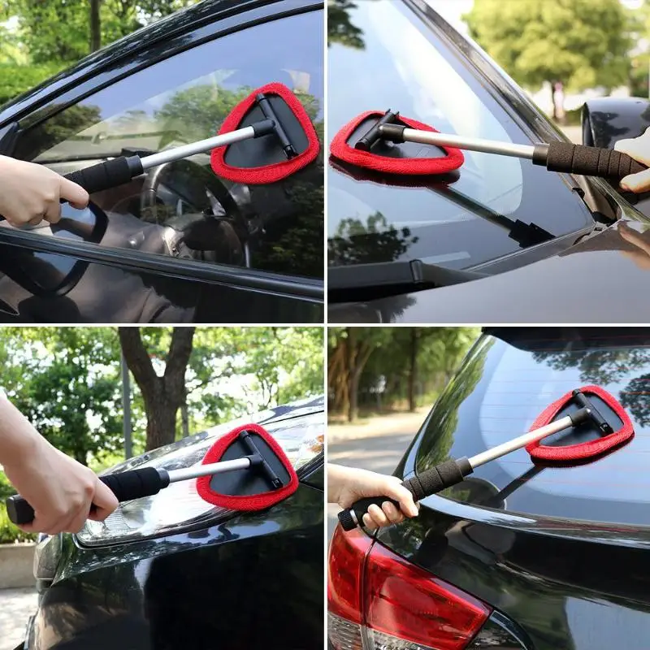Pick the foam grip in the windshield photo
[x=589, y=160]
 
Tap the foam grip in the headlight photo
[x=130, y=485]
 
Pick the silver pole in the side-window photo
[x=195, y=146]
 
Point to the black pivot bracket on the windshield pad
[x=378, y=130]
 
